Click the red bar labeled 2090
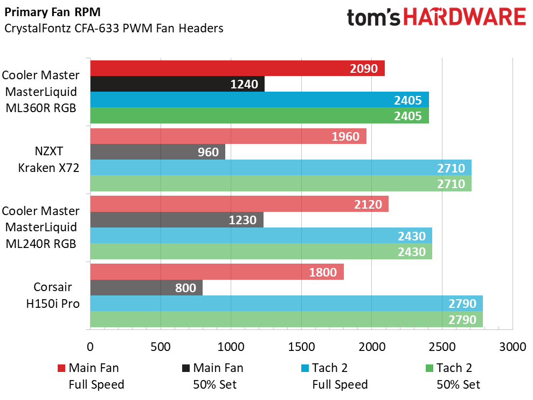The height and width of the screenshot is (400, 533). tap(237, 68)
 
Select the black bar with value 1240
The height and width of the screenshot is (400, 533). tap(177, 84)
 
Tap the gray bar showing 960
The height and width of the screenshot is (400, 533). tap(157, 152)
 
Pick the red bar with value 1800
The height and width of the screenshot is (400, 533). tap(217, 272)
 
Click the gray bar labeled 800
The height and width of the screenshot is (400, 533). tap(146, 288)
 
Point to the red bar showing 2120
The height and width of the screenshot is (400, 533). tap(239, 204)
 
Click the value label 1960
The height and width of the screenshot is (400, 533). tap(345, 136)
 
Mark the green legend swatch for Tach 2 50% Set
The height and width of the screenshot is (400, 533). tap(430, 369)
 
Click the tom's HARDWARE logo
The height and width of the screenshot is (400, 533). tap(436, 17)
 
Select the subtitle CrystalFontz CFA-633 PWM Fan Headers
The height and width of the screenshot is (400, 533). tap(113, 29)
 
